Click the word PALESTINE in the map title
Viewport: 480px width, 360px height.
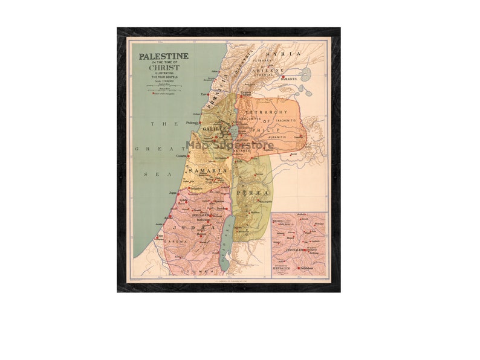click(x=164, y=56)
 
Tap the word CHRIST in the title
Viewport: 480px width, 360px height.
click(x=164, y=68)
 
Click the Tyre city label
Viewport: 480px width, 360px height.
click(x=204, y=94)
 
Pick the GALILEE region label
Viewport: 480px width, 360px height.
click(x=215, y=129)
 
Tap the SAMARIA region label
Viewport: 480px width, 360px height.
click(x=208, y=171)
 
